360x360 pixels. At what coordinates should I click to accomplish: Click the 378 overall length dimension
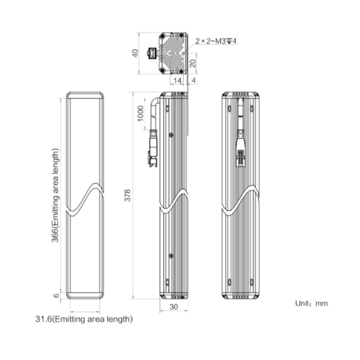(x=127, y=195)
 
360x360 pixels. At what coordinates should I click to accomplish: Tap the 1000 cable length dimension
(x=140, y=113)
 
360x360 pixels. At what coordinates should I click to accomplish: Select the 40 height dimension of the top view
(x=135, y=53)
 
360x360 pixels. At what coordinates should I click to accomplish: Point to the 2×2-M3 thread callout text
(x=216, y=41)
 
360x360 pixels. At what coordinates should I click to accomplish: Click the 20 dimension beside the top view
(x=193, y=63)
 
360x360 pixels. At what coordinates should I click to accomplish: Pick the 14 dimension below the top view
(x=177, y=81)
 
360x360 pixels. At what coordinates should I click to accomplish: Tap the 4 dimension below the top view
(x=194, y=81)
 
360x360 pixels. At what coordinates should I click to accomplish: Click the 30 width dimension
(x=174, y=307)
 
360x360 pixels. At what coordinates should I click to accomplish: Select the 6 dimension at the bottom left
(x=56, y=295)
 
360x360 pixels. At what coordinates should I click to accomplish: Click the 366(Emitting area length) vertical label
(x=55, y=195)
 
